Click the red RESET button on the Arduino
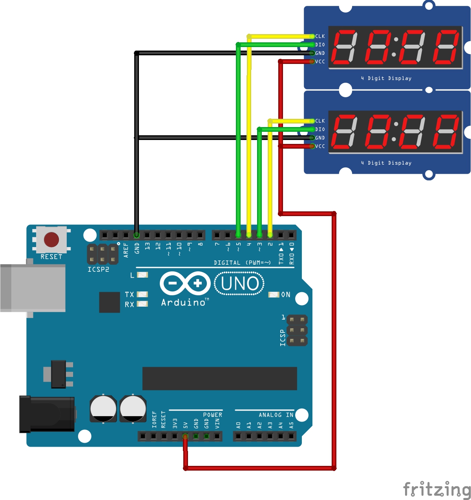pos(51,239)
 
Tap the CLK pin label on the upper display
pos(320,36)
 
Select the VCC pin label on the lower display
pos(320,146)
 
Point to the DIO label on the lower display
pos(320,129)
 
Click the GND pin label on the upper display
pos(320,53)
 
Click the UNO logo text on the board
pos(239,284)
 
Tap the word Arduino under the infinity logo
pos(183,302)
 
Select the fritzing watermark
pos(437,489)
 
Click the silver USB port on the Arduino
pos(33,288)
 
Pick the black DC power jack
pos(47,414)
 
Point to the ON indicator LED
pos(274,295)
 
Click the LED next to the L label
pos(142,275)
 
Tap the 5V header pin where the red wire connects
pos(185,436)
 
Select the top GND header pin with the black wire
pos(137,235)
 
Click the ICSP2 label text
pos(98,270)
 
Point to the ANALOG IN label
pos(276,415)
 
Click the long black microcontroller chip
pos(219,378)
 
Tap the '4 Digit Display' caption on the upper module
pos(386,78)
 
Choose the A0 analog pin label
pos(238,425)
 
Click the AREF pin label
pos(126,250)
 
